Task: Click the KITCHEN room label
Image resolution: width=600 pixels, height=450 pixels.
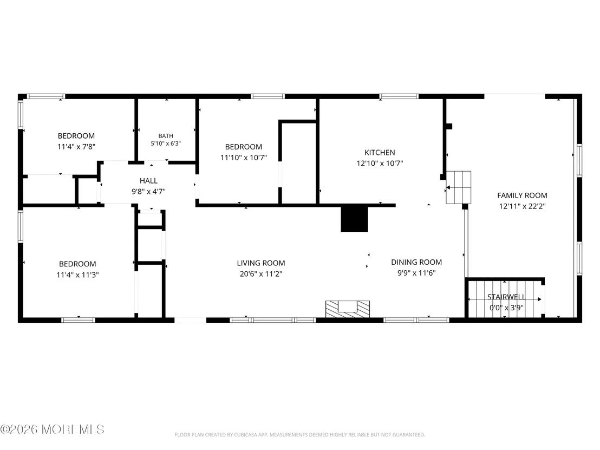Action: [380, 152]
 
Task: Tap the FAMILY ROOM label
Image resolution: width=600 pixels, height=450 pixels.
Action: [522, 195]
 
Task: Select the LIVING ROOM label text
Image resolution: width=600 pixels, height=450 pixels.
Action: [261, 263]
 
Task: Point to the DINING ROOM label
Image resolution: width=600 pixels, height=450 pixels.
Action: [416, 262]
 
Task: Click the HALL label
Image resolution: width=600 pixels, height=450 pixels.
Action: [148, 181]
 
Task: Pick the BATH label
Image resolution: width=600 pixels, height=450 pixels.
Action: [166, 136]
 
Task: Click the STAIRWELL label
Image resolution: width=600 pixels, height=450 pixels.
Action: [506, 297]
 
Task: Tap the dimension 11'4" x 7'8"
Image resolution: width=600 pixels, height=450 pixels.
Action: [76, 147]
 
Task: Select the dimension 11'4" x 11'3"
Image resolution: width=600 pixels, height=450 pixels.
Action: [77, 275]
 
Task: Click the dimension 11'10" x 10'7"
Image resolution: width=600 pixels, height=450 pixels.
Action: [243, 157]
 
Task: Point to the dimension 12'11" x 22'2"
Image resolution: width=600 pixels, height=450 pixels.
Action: [522, 206]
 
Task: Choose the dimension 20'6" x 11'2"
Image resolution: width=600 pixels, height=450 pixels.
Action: [261, 274]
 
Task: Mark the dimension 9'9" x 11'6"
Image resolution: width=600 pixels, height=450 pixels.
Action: [416, 273]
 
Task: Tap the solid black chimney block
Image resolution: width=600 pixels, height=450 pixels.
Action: [354, 219]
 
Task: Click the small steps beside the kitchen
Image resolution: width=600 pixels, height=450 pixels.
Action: [459, 187]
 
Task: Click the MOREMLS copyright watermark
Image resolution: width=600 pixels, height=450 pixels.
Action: [53, 429]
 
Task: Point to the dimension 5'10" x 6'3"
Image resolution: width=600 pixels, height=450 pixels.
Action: [166, 144]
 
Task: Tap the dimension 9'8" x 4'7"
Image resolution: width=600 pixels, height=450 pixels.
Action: [148, 191]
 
